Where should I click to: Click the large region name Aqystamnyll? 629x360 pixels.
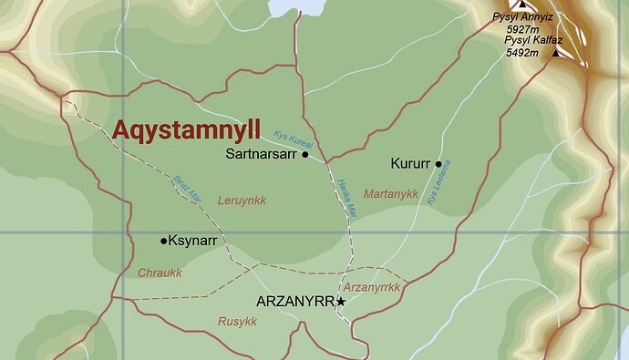pos(186,129)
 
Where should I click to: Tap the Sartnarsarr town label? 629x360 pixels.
pos(261,155)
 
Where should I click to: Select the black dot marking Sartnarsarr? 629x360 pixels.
pos(305,155)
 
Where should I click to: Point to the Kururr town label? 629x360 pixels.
pos(409,165)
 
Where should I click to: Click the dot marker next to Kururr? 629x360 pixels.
pos(439,165)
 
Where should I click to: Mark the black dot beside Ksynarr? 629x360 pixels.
pos(164,241)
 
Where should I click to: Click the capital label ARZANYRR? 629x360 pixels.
pos(295,302)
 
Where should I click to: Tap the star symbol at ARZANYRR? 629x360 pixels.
pos(341,301)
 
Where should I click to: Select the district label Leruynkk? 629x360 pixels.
pos(242,201)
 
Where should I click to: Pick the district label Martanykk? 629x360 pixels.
pos(390,194)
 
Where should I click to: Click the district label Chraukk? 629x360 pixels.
pos(160,273)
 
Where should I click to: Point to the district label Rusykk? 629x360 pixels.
pos(237,322)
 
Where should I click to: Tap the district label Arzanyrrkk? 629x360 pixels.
pos(373,288)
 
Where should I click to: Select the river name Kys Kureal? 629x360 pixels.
pos(294,139)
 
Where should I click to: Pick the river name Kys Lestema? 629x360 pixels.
pos(439,182)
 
